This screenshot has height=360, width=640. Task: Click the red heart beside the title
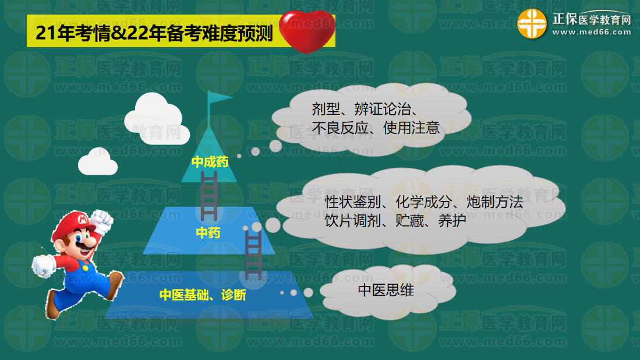point(307,31)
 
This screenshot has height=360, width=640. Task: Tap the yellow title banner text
point(154,33)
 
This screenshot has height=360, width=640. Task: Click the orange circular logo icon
point(532,24)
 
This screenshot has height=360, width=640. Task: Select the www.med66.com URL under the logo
point(592,32)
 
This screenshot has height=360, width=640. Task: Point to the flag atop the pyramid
point(219,97)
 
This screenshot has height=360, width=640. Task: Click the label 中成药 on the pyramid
point(210,162)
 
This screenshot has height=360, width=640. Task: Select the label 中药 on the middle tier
point(208,232)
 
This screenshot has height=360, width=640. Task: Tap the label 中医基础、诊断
point(203,295)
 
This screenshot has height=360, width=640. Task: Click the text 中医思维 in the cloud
point(386,290)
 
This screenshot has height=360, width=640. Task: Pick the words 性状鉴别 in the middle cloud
point(353,202)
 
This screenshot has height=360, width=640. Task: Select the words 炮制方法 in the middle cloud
point(494,202)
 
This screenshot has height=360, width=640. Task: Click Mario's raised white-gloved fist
point(101,221)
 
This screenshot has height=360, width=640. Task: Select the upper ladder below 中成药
point(209,196)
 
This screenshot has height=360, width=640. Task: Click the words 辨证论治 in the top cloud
point(383,109)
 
